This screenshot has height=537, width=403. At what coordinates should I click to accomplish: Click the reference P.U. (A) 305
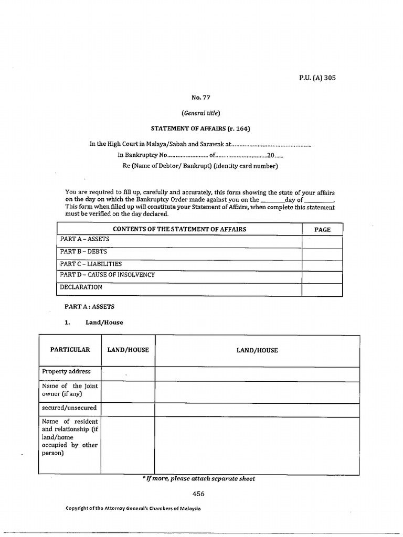(x=317, y=78)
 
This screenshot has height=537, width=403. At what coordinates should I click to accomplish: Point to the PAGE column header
(x=322, y=230)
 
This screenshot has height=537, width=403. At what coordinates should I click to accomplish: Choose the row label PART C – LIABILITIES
(x=91, y=264)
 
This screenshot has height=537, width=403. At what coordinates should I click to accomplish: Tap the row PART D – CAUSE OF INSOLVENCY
(x=108, y=275)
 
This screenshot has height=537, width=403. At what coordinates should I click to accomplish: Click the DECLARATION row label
(x=81, y=287)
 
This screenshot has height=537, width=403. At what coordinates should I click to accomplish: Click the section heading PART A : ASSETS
(x=90, y=307)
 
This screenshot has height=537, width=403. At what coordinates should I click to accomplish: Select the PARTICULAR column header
(x=70, y=350)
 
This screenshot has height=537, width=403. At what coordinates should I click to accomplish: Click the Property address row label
(x=67, y=372)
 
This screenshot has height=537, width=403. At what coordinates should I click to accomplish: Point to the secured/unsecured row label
(x=69, y=407)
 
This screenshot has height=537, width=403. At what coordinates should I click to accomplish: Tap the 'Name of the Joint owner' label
(x=69, y=390)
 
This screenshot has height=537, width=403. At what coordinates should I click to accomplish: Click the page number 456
(x=198, y=493)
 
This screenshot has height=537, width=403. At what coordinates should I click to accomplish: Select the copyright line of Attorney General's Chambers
(x=133, y=509)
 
